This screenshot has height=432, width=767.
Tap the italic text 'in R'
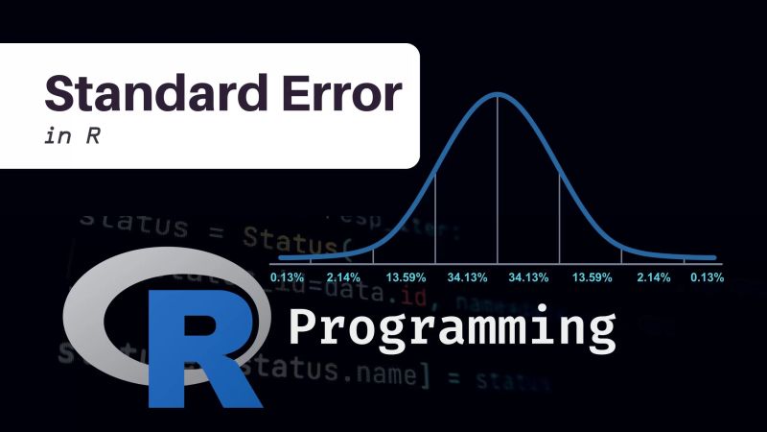tap(73, 135)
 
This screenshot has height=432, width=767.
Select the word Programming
tap(452, 328)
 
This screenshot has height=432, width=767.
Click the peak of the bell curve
tap(497, 93)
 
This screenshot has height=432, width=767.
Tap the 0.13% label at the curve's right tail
tap(708, 276)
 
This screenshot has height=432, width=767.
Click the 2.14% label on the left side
tap(343, 276)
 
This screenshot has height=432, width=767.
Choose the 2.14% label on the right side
tap(652, 276)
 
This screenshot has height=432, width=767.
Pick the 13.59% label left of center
tap(406, 276)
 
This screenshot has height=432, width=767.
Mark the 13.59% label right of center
tap(592, 276)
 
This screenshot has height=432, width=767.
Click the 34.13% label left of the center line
tap(467, 276)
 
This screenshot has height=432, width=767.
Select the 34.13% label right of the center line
tap(529, 276)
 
